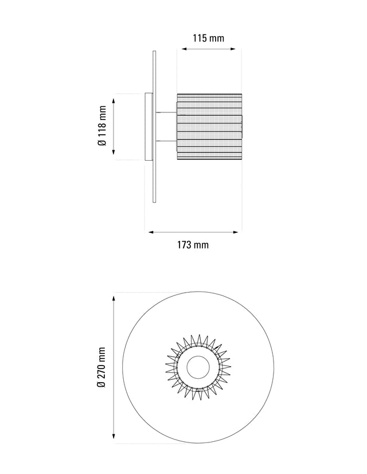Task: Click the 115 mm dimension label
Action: point(208,38)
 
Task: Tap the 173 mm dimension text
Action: point(193,244)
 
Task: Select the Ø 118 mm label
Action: point(103,126)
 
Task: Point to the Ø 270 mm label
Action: point(101,367)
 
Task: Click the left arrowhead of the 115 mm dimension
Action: point(185,49)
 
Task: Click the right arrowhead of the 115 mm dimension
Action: point(233,49)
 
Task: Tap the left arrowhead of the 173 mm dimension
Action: point(151,232)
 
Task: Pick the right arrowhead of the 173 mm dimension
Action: point(236,232)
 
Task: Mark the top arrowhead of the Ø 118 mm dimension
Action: point(114,100)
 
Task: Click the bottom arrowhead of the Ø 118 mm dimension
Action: point(114,151)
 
